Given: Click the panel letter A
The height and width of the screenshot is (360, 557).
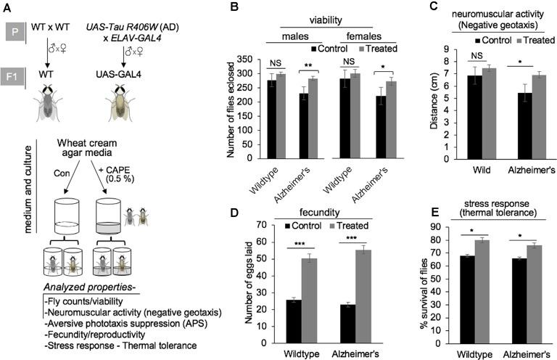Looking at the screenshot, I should [8, 8].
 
